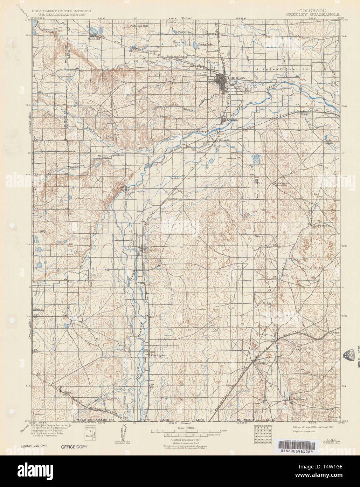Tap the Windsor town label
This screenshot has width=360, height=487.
tap(93, 39)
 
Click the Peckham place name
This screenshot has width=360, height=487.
tap(177, 178)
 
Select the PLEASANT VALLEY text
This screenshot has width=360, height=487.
tap(280, 70)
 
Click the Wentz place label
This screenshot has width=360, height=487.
tap(259, 236)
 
